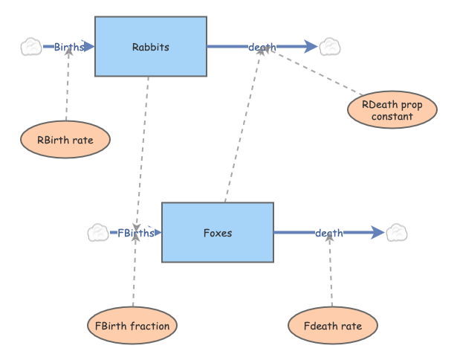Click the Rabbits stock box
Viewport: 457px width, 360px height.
(150, 47)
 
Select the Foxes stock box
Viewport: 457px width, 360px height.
(217, 233)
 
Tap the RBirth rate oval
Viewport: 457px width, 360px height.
(65, 139)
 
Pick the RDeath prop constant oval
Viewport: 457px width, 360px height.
(392, 111)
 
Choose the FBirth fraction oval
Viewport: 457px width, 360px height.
(132, 326)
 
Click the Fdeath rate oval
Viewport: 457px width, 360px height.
(333, 326)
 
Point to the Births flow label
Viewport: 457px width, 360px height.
(68, 47)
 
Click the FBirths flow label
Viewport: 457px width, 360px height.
(135, 233)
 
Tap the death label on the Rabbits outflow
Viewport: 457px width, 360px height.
(262, 47)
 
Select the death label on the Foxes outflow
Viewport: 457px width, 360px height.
(328, 233)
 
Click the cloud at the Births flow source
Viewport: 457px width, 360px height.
(31, 47)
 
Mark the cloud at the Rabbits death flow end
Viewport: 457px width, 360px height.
(329, 47)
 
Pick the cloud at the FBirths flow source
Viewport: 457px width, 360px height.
(98, 233)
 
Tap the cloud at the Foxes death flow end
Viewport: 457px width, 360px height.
(396, 233)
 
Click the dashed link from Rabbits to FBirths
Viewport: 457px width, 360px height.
(143, 149)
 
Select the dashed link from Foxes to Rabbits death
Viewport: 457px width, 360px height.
(242, 126)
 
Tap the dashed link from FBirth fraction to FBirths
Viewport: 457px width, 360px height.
(134, 271)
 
